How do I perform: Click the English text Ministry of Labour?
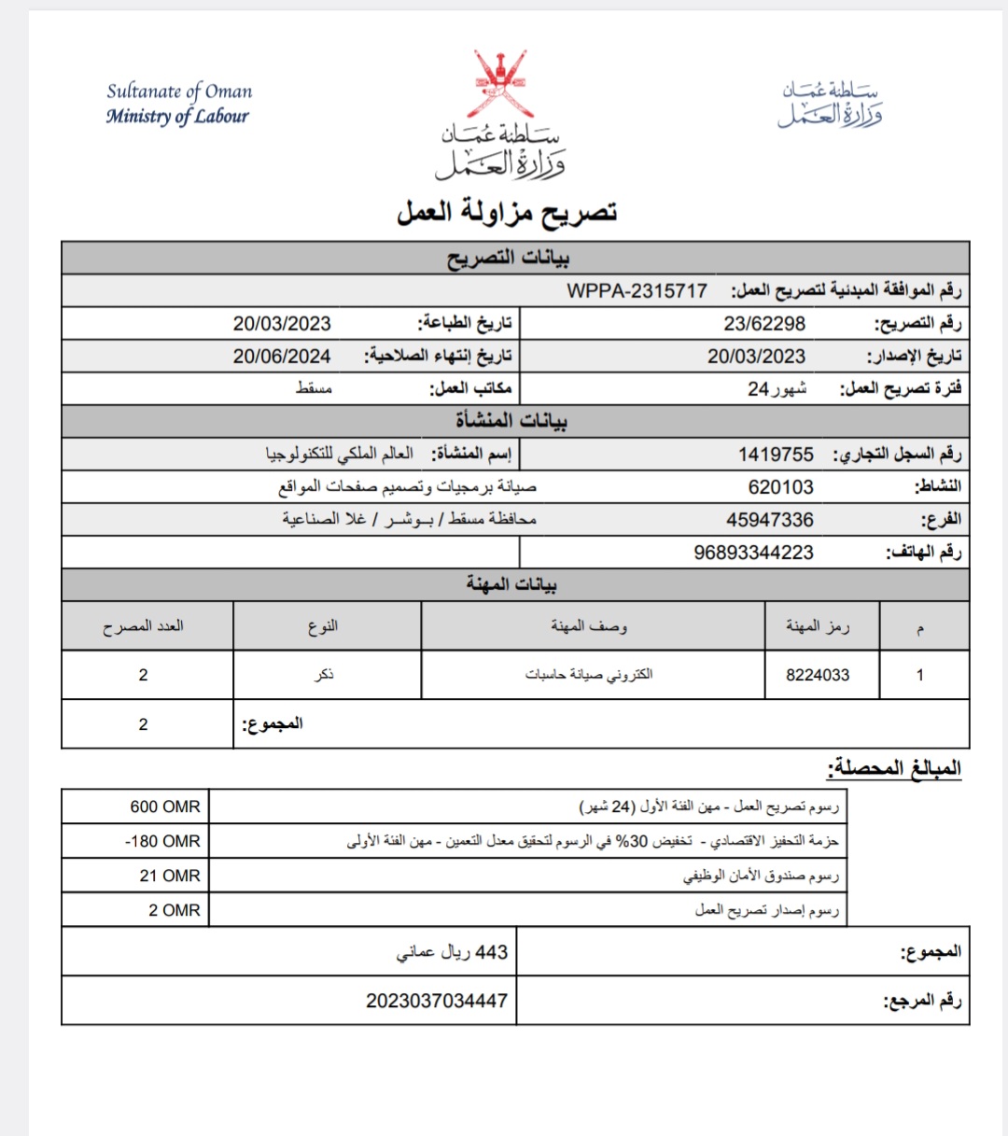pyautogui.click(x=177, y=117)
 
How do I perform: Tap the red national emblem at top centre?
pyautogui.click(x=500, y=85)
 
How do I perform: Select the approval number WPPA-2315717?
pyautogui.click(x=637, y=290)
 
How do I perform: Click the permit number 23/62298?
pyautogui.click(x=764, y=324)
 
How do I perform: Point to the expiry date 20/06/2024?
pyautogui.click(x=282, y=356)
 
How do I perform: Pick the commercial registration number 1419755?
pyautogui.click(x=776, y=455)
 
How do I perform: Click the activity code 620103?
pyautogui.click(x=780, y=487)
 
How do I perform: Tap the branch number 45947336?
pyautogui.click(x=770, y=520)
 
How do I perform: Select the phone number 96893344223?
pyautogui.click(x=753, y=553)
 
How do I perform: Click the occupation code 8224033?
pyautogui.click(x=818, y=675)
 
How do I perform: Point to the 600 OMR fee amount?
pyautogui.click(x=165, y=806)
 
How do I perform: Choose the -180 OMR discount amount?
pyautogui.click(x=162, y=841)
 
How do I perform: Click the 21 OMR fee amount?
pyautogui.click(x=170, y=876)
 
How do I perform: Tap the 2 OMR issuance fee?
pyautogui.click(x=175, y=910)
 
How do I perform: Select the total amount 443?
pyautogui.click(x=491, y=952)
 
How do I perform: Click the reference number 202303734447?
pyautogui.click(x=437, y=1001)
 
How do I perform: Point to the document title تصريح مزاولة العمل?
pyautogui.click(x=507, y=213)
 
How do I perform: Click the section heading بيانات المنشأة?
pyautogui.click(x=511, y=421)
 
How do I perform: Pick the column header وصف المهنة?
pyautogui.click(x=589, y=625)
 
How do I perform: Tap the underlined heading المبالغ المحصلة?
pyautogui.click(x=893, y=768)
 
